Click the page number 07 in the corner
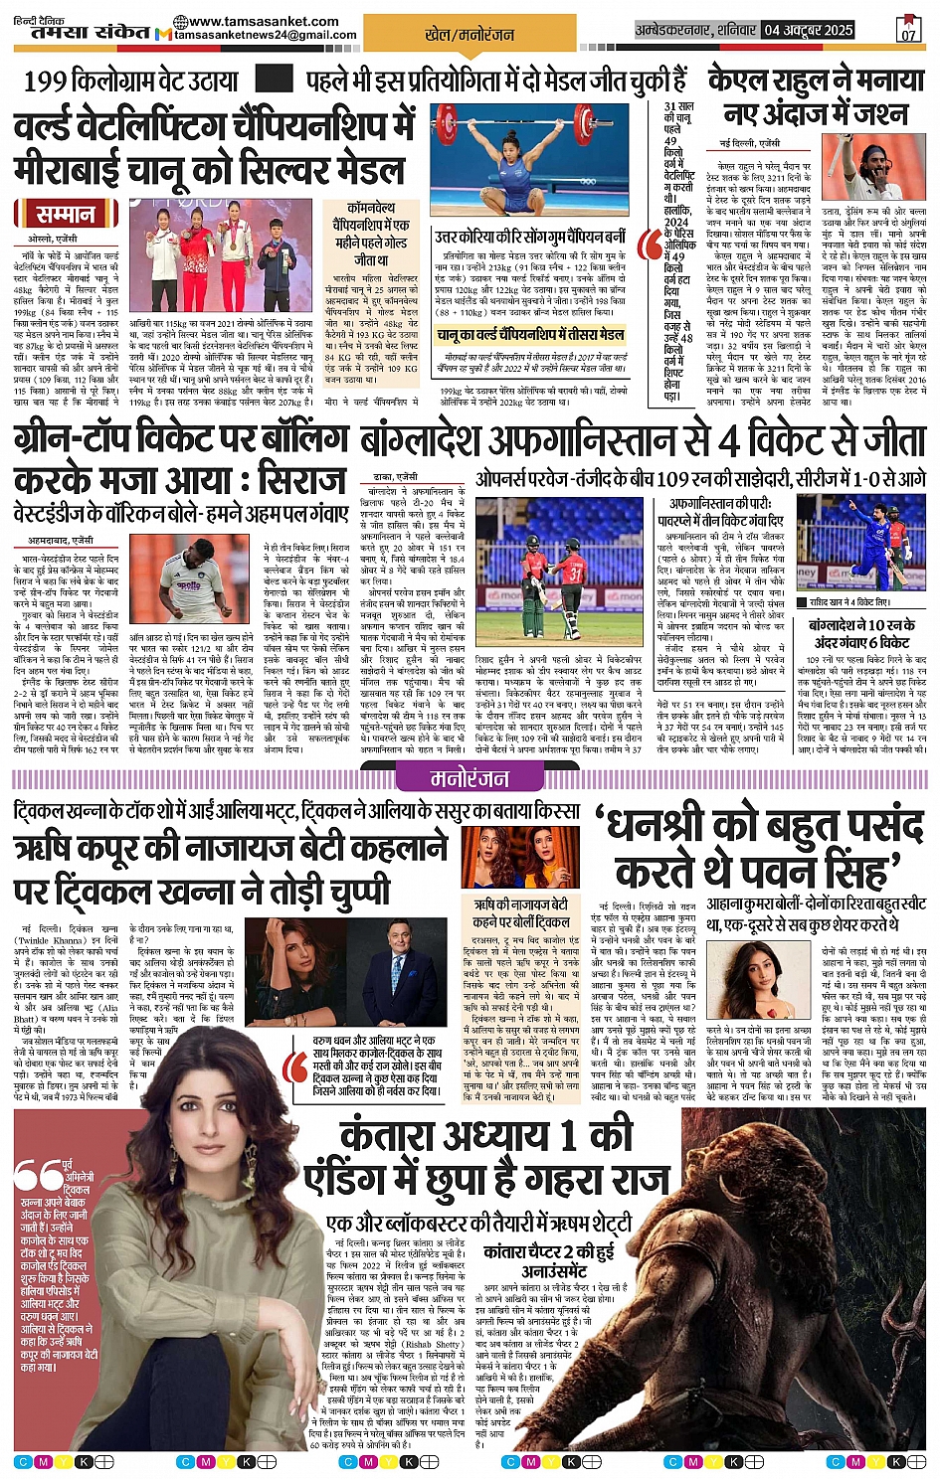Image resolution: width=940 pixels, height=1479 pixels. (x=908, y=30)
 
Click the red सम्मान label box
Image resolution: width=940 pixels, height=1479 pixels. (x=66, y=215)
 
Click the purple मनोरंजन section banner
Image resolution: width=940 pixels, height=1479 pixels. (x=470, y=778)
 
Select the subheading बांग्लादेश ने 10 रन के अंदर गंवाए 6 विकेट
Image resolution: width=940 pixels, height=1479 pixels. (x=859, y=633)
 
